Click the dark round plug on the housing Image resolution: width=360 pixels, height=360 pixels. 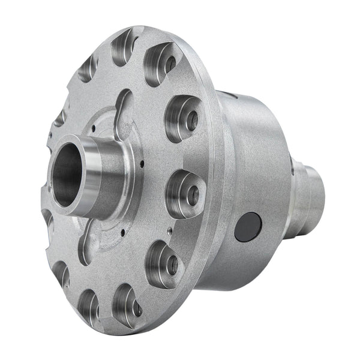(x=248, y=227)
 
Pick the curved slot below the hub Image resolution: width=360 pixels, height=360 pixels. (x=90, y=240)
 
